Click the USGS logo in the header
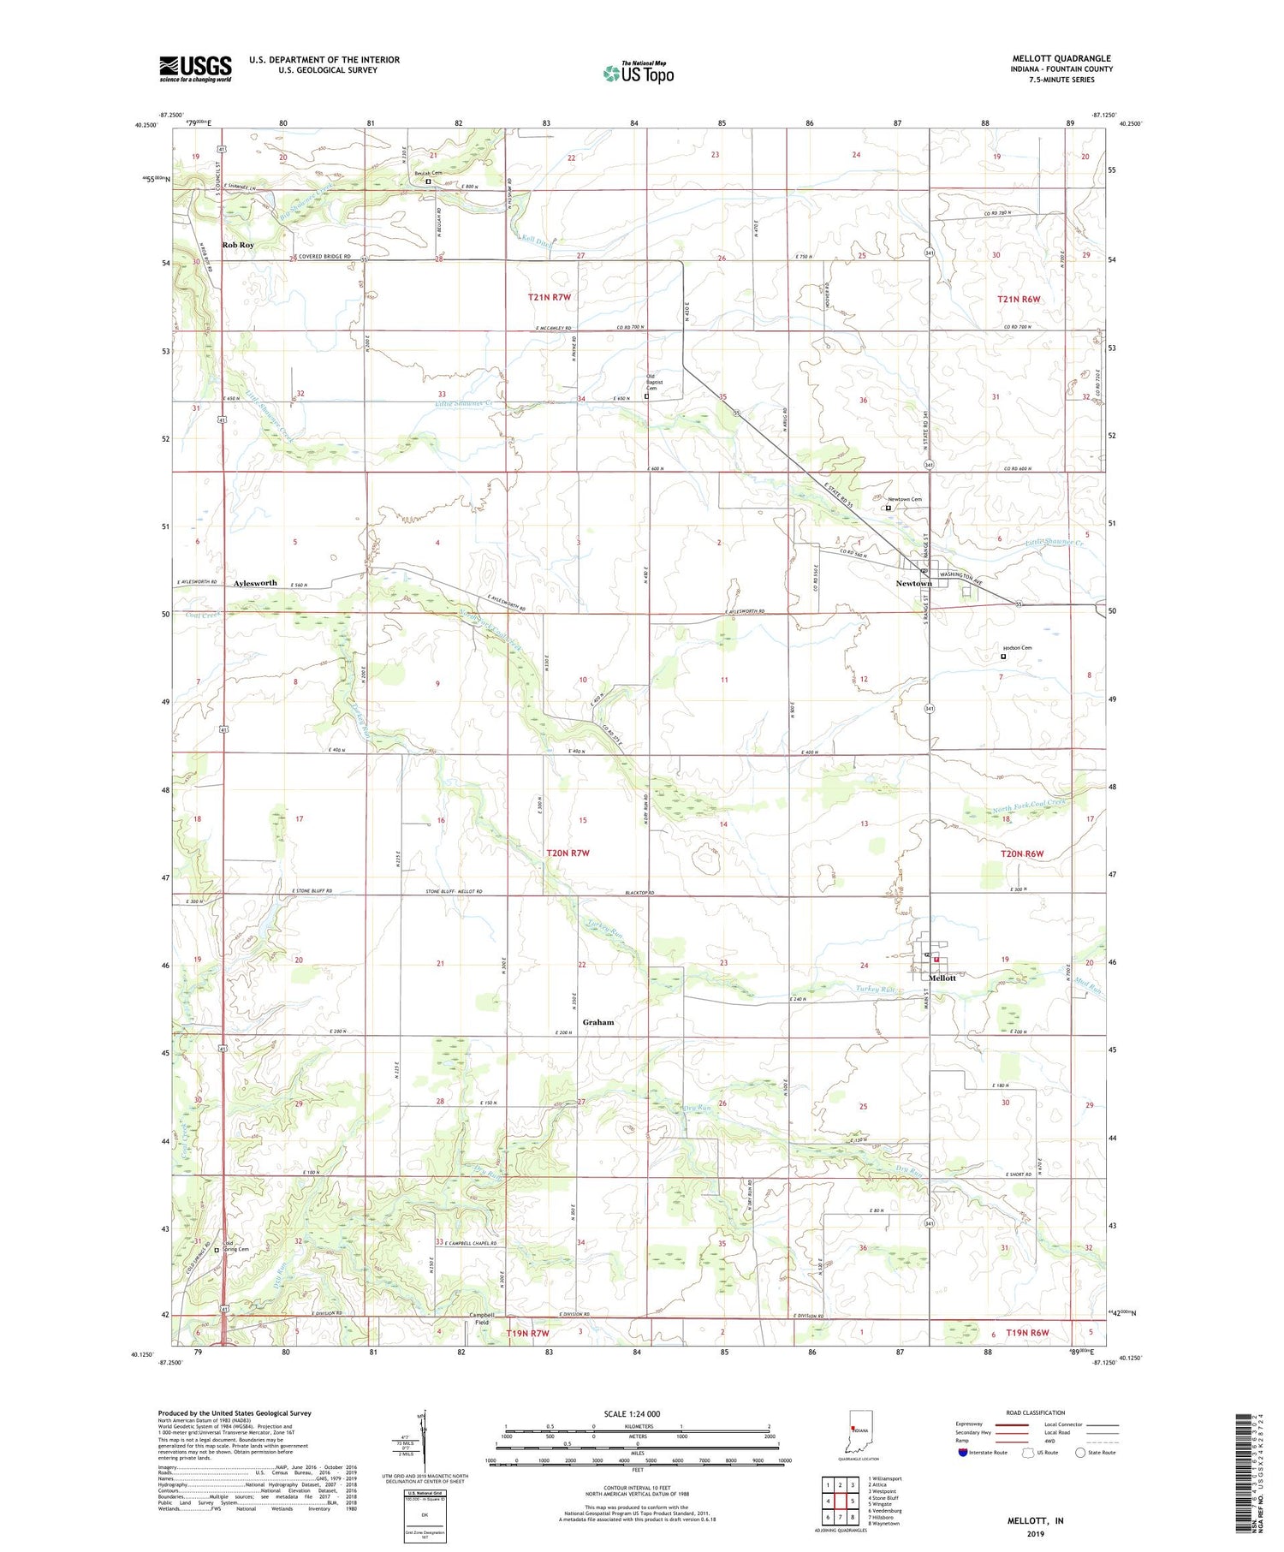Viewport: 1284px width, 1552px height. (195, 68)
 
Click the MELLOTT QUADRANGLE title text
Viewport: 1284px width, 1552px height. (1061, 58)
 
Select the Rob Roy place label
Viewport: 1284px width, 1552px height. (238, 245)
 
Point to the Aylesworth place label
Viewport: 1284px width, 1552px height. (255, 582)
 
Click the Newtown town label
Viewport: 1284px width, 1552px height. (912, 583)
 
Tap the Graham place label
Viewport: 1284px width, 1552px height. (598, 1022)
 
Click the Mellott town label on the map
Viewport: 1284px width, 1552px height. (942, 978)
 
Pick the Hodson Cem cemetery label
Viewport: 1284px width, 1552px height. (1017, 648)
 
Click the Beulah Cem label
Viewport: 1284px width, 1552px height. (428, 173)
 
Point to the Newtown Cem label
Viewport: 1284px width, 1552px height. (904, 499)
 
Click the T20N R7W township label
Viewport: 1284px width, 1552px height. (568, 853)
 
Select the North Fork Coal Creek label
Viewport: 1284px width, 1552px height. (1029, 806)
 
